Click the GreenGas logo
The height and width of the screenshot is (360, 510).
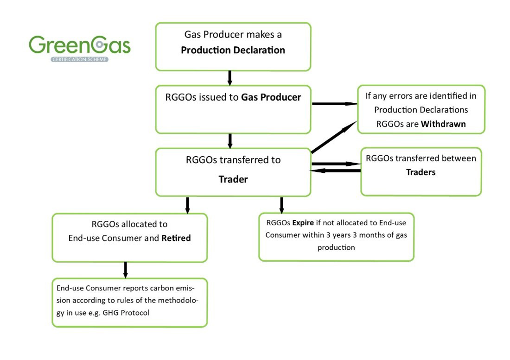pos(79,45)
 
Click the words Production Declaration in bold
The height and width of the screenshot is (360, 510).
pos(233,50)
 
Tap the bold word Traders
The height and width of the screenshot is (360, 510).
pos(421,172)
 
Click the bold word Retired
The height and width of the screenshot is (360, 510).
pos(176,238)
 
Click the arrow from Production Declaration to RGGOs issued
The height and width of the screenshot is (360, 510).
pos(229,78)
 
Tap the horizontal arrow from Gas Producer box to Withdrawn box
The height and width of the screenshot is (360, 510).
pos(334,104)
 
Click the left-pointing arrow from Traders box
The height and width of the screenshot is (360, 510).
pos(335,171)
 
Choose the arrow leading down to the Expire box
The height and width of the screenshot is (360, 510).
pos(281,205)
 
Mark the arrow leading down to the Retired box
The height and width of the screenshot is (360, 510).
pos(187,205)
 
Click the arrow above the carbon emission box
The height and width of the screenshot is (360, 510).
pos(125,270)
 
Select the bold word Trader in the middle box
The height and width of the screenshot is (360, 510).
pos(233,179)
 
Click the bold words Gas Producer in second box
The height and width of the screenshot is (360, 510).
pos(271,97)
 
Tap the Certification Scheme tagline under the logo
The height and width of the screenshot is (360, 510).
pos(79,59)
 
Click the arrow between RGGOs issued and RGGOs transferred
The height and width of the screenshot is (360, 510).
pos(230,140)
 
